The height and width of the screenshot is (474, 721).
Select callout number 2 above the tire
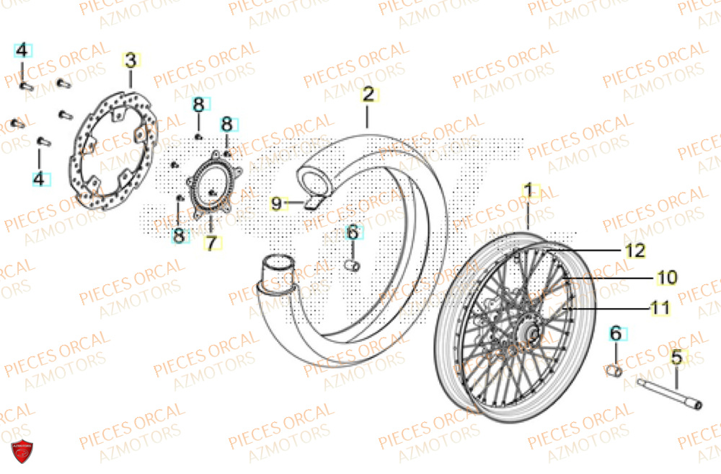(x=368, y=94)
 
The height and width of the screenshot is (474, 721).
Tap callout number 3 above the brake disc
(x=131, y=61)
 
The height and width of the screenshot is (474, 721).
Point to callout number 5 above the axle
(x=676, y=356)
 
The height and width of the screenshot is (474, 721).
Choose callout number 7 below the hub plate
(x=211, y=243)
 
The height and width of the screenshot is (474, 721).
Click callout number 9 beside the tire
(x=277, y=203)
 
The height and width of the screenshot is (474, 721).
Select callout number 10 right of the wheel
(x=666, y=276)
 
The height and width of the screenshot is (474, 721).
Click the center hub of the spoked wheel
(x=532, y=333)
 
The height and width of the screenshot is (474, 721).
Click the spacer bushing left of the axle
(x=615, y=371)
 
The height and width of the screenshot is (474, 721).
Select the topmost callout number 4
(x=22, y=51)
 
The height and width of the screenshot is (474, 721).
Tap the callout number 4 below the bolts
(x=41, y=177)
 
